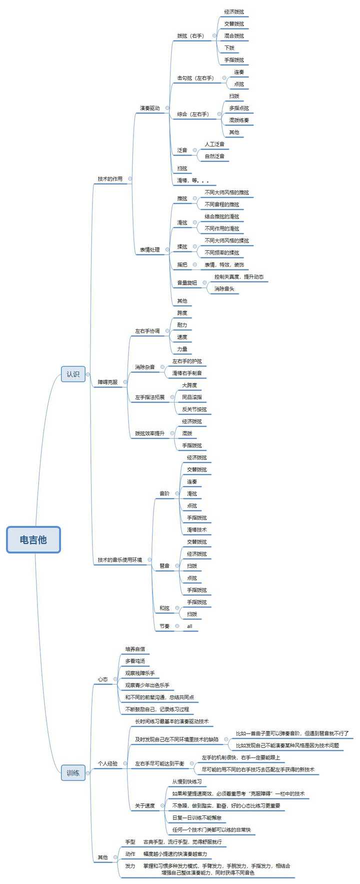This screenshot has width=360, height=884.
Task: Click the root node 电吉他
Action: pyautogui.click(x=33, y=539)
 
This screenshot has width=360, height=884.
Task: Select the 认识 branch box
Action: pyautogui.click(x=73, y=374)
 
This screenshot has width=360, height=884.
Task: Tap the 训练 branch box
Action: pyautogui.click(x=73, y=773)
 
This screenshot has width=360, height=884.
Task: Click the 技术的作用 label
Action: pyautogui.click(x=110, y=178)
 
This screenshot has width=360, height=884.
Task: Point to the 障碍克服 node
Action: pyautogui.click(x=107, y=382)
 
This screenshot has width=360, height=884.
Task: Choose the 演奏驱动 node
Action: pyautogui.click(x=149, y=108)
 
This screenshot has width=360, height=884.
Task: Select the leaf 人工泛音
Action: pyautogui.click(x=214, y=144)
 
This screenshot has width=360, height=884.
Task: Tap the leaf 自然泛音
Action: pyautogui.click(x=214, y=156)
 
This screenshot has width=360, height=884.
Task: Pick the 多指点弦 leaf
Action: pyautogui.click(x=239, y=108)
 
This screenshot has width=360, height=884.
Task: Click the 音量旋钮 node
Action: pyautogui.click(x=187, y=282)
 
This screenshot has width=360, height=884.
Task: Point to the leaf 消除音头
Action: pyautogui.click(x=224, y=288)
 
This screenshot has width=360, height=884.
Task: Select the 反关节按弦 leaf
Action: pyautogui.click(x=194, y=409)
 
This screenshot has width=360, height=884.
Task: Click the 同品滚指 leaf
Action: pyautogui.click(x=192, y=397)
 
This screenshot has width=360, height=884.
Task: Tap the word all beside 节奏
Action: pyautogui.click(x=189, y=626)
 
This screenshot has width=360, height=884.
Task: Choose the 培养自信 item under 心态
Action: pyautogui.click(x=135, y=649)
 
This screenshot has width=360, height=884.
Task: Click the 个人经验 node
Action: pyautogui.click(x=107, y=763)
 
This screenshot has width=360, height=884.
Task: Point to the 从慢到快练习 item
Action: pyautogui.click(x=187, y=781)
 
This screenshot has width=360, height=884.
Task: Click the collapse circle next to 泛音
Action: pyautogui.click(x=195, y=150)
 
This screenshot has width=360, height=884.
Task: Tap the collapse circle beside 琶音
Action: pyautogui.click(x=177, y=566)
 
